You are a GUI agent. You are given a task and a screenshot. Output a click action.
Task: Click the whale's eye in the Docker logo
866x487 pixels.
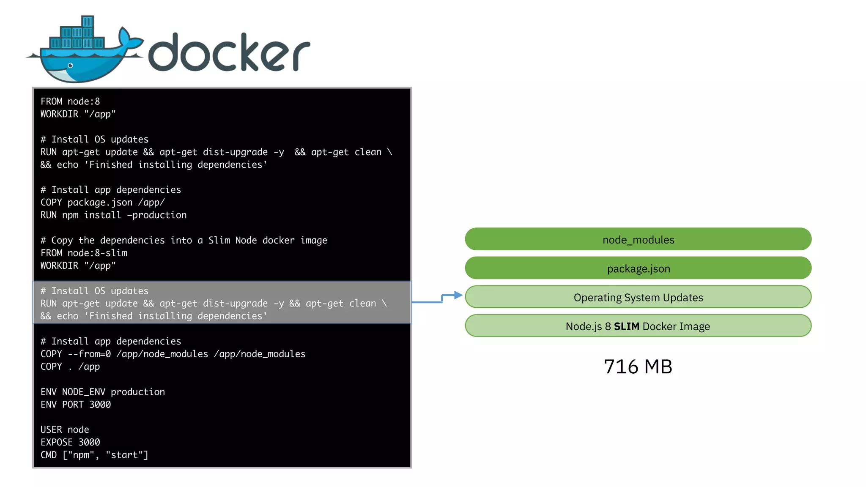point(71,66)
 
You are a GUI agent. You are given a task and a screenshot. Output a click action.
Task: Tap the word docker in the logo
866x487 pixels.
point(229,52)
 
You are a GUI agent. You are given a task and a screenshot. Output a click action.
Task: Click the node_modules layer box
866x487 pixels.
point(638,239)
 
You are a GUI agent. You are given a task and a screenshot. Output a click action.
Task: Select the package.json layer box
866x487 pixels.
point(638,268)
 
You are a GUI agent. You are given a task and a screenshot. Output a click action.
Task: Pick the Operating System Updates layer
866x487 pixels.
point(638,297)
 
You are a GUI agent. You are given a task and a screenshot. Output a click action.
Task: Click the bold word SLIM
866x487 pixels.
point(626,326)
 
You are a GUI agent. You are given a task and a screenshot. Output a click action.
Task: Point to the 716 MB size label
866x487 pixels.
point(638,367)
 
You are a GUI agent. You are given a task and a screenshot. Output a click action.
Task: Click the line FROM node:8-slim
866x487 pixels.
point(84,253)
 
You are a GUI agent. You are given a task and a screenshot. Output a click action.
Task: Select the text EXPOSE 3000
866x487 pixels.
point(70,442)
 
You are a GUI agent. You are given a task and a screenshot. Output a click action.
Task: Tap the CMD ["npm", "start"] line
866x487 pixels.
point(94,455)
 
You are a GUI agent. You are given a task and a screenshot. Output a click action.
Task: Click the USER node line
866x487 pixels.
point(65,430)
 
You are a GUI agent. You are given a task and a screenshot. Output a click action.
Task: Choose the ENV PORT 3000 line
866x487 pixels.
point(76,405)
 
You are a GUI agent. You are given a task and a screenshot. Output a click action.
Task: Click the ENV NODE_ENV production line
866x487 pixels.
point(103,392)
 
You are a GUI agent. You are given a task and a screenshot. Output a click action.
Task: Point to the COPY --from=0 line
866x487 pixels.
point(173,354)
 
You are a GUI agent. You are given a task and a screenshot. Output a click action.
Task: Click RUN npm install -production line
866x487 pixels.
point(113,215)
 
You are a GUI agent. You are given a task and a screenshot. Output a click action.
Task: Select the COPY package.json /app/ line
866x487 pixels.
point(103,202)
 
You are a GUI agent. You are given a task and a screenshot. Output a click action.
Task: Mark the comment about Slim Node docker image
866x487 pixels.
point(184,240)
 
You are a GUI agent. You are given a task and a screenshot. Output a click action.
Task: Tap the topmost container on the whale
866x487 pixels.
point(88,22)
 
